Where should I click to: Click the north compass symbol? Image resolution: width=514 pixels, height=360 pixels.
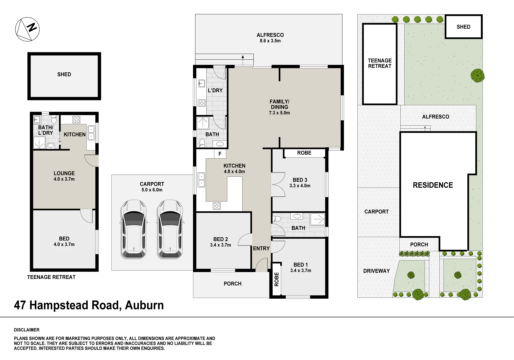coord(27,29)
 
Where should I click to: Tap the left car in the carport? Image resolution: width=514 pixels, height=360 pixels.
coord(134,229)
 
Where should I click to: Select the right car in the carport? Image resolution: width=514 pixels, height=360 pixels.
coord(170,229)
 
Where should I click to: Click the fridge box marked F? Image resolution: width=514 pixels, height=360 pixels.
coord(220,154)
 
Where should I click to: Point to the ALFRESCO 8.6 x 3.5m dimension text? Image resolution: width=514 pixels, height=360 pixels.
coord(270,41)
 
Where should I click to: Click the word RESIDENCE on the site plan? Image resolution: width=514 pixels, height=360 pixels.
coord(433,185)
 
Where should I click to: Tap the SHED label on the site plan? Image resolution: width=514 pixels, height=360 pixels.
coord(463,27)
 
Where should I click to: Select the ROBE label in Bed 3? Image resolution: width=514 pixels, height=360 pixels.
coord(304,153)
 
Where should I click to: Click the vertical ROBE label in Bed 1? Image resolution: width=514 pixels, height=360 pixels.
coord(277,279)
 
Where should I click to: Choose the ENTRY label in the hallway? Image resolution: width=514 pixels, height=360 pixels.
coord(261,248)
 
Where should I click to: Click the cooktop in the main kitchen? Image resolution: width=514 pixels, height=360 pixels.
coord(217,206)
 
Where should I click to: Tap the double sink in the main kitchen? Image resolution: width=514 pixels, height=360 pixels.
coord(201,180)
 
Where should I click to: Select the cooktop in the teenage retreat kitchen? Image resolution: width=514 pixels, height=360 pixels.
coord(76,120)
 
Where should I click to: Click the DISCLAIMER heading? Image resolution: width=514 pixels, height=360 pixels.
coord(27,330)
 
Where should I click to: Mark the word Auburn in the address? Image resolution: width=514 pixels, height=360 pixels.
coord(144,305)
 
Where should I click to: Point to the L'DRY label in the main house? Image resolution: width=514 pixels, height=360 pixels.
coord(215,90)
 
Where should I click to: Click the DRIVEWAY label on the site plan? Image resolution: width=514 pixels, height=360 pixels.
coord(376,271)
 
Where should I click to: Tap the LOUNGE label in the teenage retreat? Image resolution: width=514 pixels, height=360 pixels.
coord(64,173)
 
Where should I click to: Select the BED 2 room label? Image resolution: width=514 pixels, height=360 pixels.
coord(221,239)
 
